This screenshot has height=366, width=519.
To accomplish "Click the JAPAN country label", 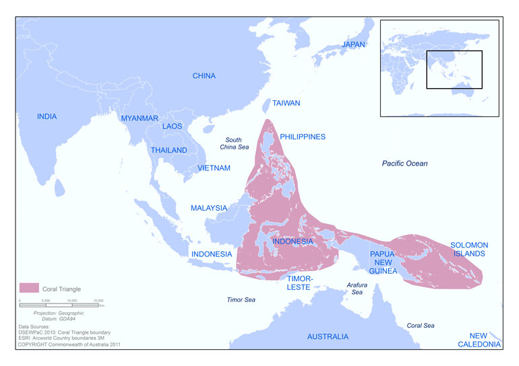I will coord(353,44).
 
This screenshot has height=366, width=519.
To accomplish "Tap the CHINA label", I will coord(204,76).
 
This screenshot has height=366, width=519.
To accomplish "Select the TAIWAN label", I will coord(286,104).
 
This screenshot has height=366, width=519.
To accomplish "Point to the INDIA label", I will coord(47,116).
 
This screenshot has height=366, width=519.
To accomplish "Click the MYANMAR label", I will coord(139,118).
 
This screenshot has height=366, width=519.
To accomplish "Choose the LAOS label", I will coord(172,126).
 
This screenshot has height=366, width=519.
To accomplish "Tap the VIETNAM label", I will coord(214,168).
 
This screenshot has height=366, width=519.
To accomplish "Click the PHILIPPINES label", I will coord(302,137).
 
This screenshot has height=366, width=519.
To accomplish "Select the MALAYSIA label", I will coord(208,208).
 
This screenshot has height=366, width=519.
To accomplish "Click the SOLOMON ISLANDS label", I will coord(470,249).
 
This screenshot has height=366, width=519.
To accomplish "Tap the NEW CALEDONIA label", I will coord(485,340).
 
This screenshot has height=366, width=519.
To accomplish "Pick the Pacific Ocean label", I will coord(404,163).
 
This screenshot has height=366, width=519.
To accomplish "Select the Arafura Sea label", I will coord(357,289).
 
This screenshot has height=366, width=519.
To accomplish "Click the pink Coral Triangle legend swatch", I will coord(29,288).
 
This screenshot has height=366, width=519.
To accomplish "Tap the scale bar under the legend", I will coord(61,304).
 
